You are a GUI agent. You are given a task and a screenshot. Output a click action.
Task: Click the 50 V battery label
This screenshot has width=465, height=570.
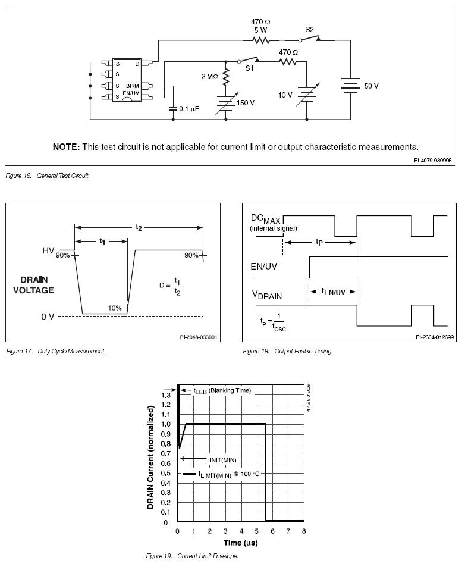tap(371, 86)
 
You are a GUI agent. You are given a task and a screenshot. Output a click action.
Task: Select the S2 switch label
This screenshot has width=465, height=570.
tap(310, 29)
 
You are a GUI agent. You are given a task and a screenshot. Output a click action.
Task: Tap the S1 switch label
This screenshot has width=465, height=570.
tap(250, 70)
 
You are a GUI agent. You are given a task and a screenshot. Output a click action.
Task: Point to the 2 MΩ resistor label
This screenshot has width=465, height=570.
tap(211, 76)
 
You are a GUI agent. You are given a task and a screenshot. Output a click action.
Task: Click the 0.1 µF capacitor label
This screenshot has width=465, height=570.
tap(191, 109)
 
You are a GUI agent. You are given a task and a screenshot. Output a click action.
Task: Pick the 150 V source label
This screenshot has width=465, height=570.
tap(245, 103)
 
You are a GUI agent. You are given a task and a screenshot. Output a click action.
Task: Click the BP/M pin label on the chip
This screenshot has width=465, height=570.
tap(133, 87)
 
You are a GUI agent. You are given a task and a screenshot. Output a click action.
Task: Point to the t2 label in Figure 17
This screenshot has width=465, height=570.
tap(139, 227)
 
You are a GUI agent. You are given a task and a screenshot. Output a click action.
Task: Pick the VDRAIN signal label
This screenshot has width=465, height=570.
tap(266, 295)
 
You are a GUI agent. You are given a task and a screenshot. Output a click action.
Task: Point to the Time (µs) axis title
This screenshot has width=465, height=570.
tap(240, 542)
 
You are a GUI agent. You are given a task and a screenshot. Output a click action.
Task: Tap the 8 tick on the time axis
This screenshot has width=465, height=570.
tap(304, 531)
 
